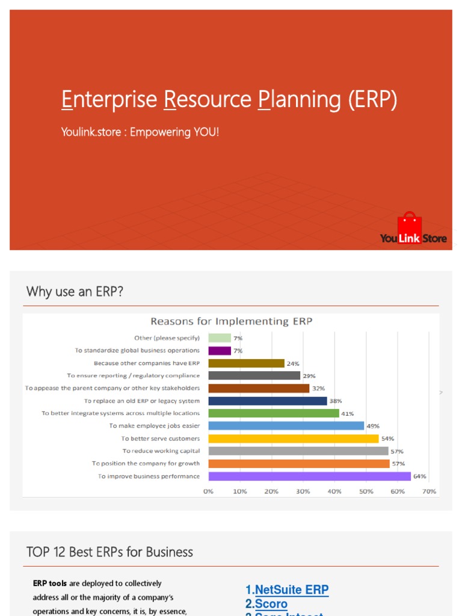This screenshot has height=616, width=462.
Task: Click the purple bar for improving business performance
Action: [309, 476]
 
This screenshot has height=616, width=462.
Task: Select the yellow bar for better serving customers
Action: [294, 439]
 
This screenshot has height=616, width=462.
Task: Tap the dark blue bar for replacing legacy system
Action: [268, 401]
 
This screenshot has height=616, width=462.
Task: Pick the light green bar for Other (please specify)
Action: [220, 338]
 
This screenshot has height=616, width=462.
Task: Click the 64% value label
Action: [419, 476]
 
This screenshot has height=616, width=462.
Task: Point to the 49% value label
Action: [372, 426]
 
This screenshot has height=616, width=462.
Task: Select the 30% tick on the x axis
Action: [303, 491]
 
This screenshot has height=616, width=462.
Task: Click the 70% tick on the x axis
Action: [429, 491]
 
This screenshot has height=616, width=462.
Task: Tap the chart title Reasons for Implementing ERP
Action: [231, 321]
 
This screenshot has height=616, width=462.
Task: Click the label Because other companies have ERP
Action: [146, 363]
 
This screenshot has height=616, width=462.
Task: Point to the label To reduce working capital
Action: [161, 451]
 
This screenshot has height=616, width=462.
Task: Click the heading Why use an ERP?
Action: [75, 292]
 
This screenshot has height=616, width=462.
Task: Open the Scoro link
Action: [270, 603]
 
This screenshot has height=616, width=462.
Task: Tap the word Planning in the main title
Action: [300, 99]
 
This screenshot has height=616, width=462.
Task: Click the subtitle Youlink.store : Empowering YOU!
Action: [140, 131]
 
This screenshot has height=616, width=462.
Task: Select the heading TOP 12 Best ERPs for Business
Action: [109, 552]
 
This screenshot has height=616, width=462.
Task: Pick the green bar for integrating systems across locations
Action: [274, 413]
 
